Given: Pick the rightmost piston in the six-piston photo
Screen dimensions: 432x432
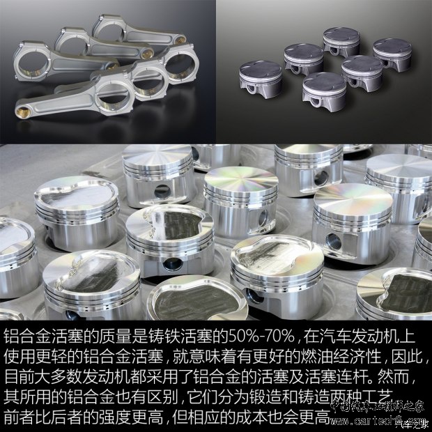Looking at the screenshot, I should coord(392,53).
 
